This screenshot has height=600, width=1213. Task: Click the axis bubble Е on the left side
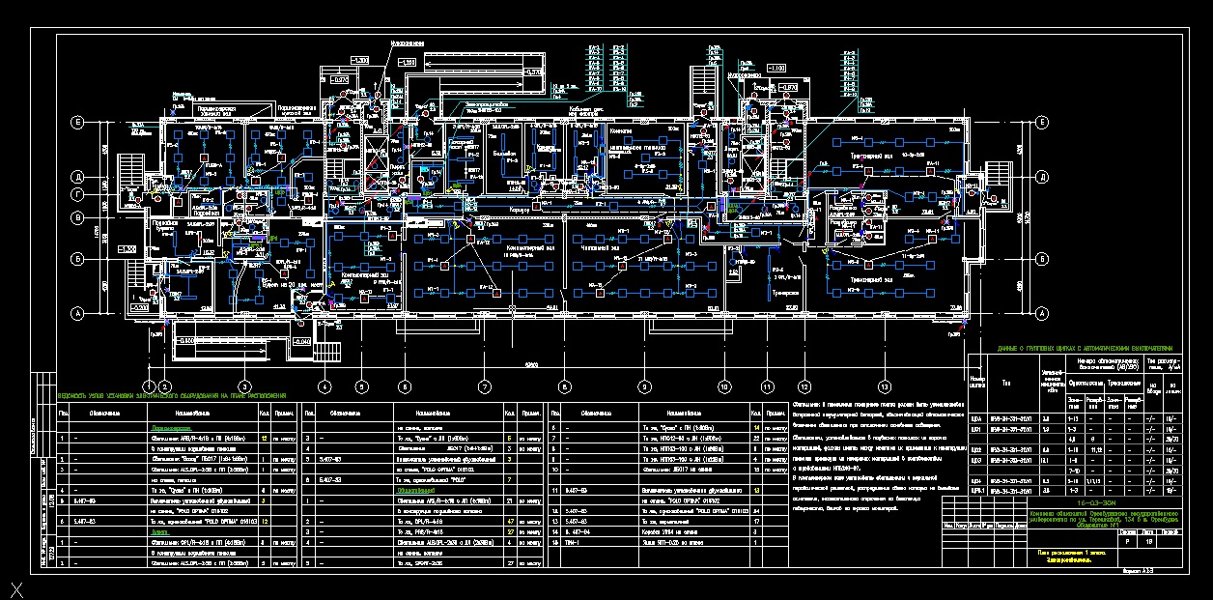point(76,123)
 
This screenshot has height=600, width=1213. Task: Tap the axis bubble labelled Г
point(76,195)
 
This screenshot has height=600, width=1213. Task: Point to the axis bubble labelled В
point(76,218)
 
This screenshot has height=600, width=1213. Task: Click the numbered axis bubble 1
point(149,386)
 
